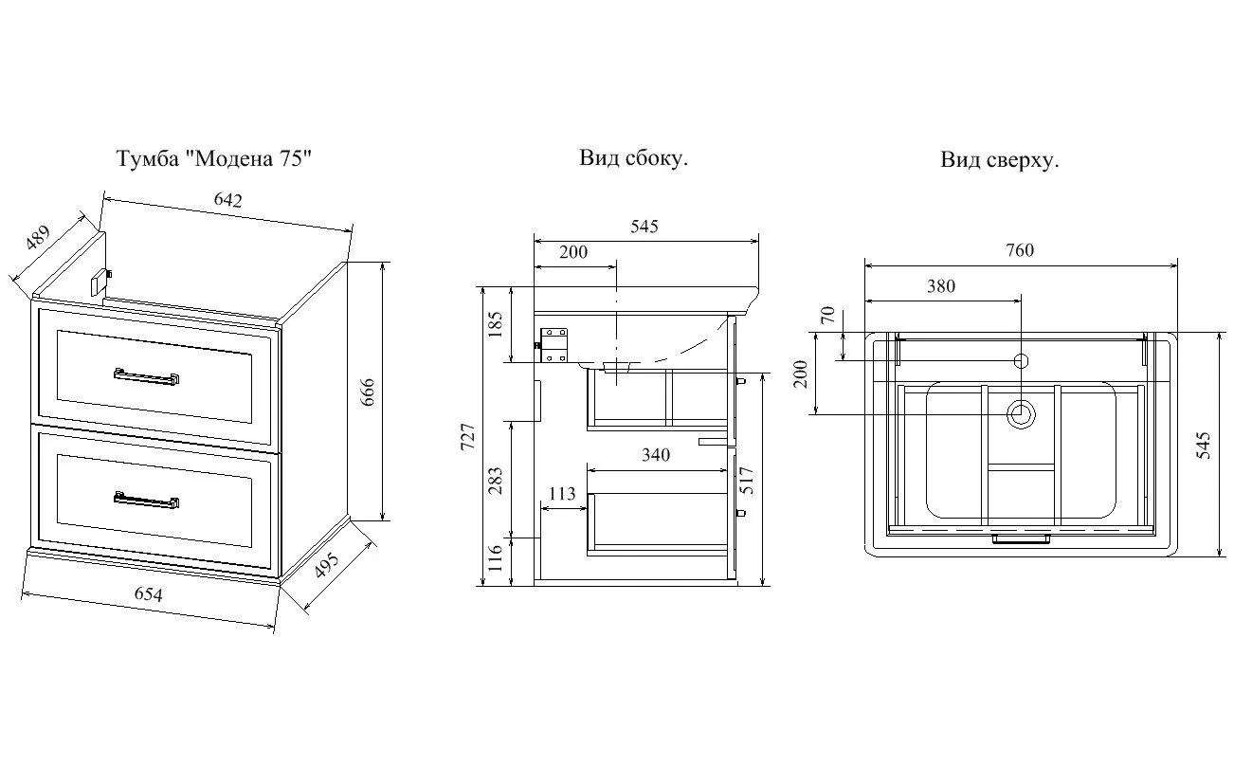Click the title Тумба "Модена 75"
tap(214, 158)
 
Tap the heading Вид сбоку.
tap(633, 158)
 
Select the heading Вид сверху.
tap(999, 160)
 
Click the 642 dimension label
tap(228, 199)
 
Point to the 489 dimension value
tap(38, 237)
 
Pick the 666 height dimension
tap(368, 392)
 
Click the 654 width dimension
tap(149, 593)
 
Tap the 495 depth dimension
tap(326, 565)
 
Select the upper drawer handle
tap(147, 377)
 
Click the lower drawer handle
tap(147, 500)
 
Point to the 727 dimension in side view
tap(467, 437)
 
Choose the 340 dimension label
tap(656, 454)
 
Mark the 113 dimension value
tap(562, 493)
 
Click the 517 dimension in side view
tap(747, 481)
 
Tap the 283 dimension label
tap(496, 481)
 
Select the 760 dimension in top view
tap(1020, 250)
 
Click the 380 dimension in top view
tap(941, 286)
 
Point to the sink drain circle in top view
tap(1021, 414)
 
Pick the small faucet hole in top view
tap(1022, 361)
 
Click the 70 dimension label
tap(828, 315)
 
